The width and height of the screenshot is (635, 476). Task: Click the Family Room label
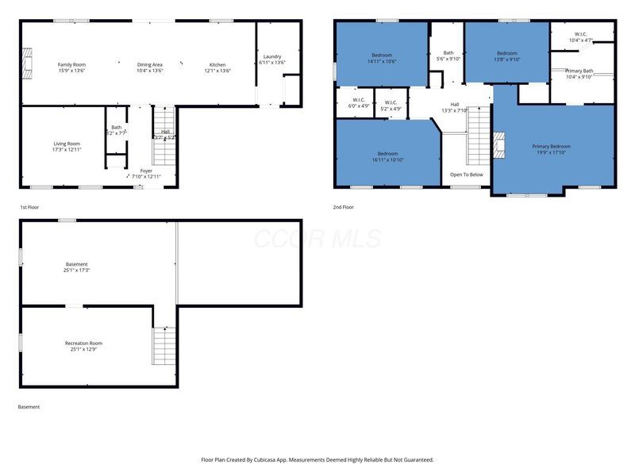pyautogui.click(x=71, y=64)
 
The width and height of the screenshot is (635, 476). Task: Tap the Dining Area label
pyautogui.click(x=150, y=64)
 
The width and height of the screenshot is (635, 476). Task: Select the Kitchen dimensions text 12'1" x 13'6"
pyautogui.click(x=217, y=71)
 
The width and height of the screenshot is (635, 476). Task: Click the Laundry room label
pyautogui.click(x=272, y=56)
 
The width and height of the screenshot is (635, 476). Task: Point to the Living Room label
pyautogui.click(x=67, y=144)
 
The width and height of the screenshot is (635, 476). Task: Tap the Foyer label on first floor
pyautogui.click(x=146, y=171)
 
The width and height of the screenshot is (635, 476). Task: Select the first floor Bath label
pyautogui.click(x=117, y=127)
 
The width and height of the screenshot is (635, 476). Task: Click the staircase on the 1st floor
pyautogui.click(x=164, y=123)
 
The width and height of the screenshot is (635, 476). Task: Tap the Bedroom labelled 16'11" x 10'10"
pyautogui.click(x=387, y=153)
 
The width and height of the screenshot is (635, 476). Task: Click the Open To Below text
pyautogui.click(x=466, y=175)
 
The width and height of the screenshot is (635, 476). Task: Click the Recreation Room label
pyautogui.click(x=83, y=343)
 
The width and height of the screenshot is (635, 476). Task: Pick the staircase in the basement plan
pyautogui.click(x=164, y=345)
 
